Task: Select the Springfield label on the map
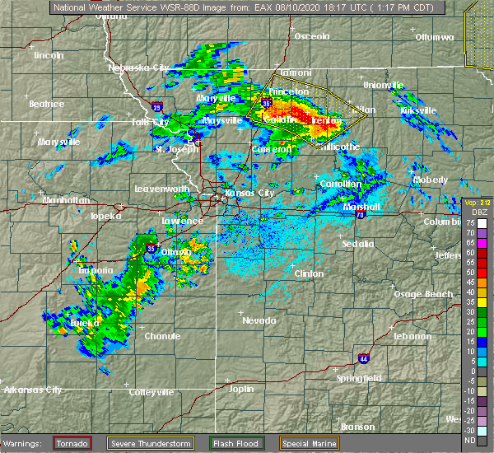click(x=359, y=378)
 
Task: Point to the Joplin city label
click(x=240, y=388)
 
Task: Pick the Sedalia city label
click(x=357, y=244)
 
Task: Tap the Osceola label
click(x=312, y=36)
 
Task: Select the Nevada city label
click(x=259, y=320)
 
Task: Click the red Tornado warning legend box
click(x=72, y=443)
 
